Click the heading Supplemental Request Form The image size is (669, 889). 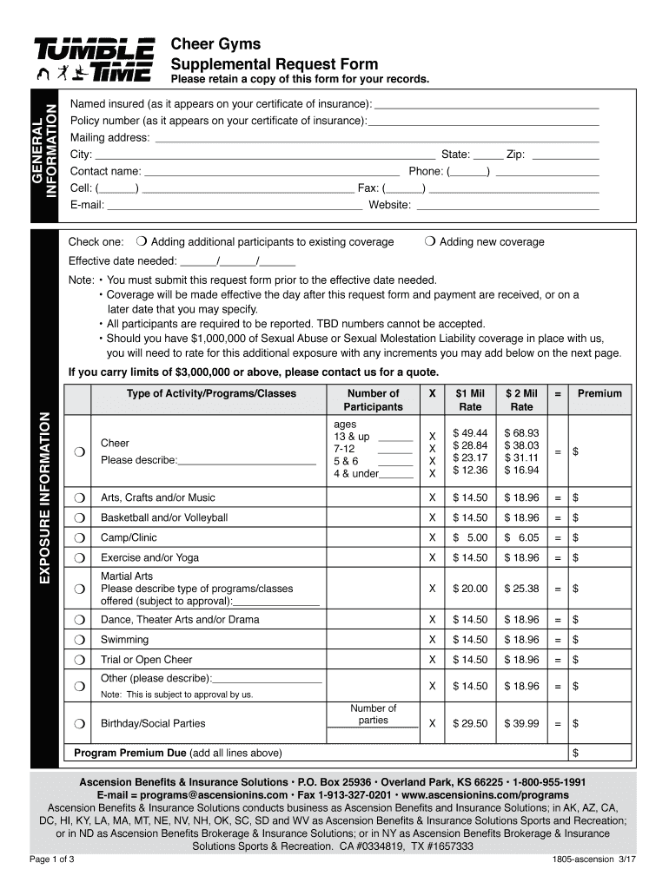click(x=274, y=63)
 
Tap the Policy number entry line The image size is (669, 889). click(x=483, y=121)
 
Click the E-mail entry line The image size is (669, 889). click(x=235, y=206)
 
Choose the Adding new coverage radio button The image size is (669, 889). click(x=430, y=242)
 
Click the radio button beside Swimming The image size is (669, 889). click(x=79, y=640)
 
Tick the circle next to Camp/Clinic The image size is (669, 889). click(x=79, y=538)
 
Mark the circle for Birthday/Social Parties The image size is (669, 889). click(x=79, y=723)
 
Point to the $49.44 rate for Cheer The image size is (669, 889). click(x=470, y=433)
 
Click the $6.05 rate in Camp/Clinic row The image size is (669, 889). click(x=522, y=538)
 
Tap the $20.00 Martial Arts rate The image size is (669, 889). click(x=470, y=589)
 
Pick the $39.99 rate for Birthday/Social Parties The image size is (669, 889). click(x=522, y=723)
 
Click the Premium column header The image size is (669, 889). click(x=599, y=393)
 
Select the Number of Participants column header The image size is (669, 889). click(x=373, y=400)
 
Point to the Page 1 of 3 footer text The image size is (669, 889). click(x=52, y=860)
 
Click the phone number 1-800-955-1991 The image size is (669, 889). click(x=548, y=781)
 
